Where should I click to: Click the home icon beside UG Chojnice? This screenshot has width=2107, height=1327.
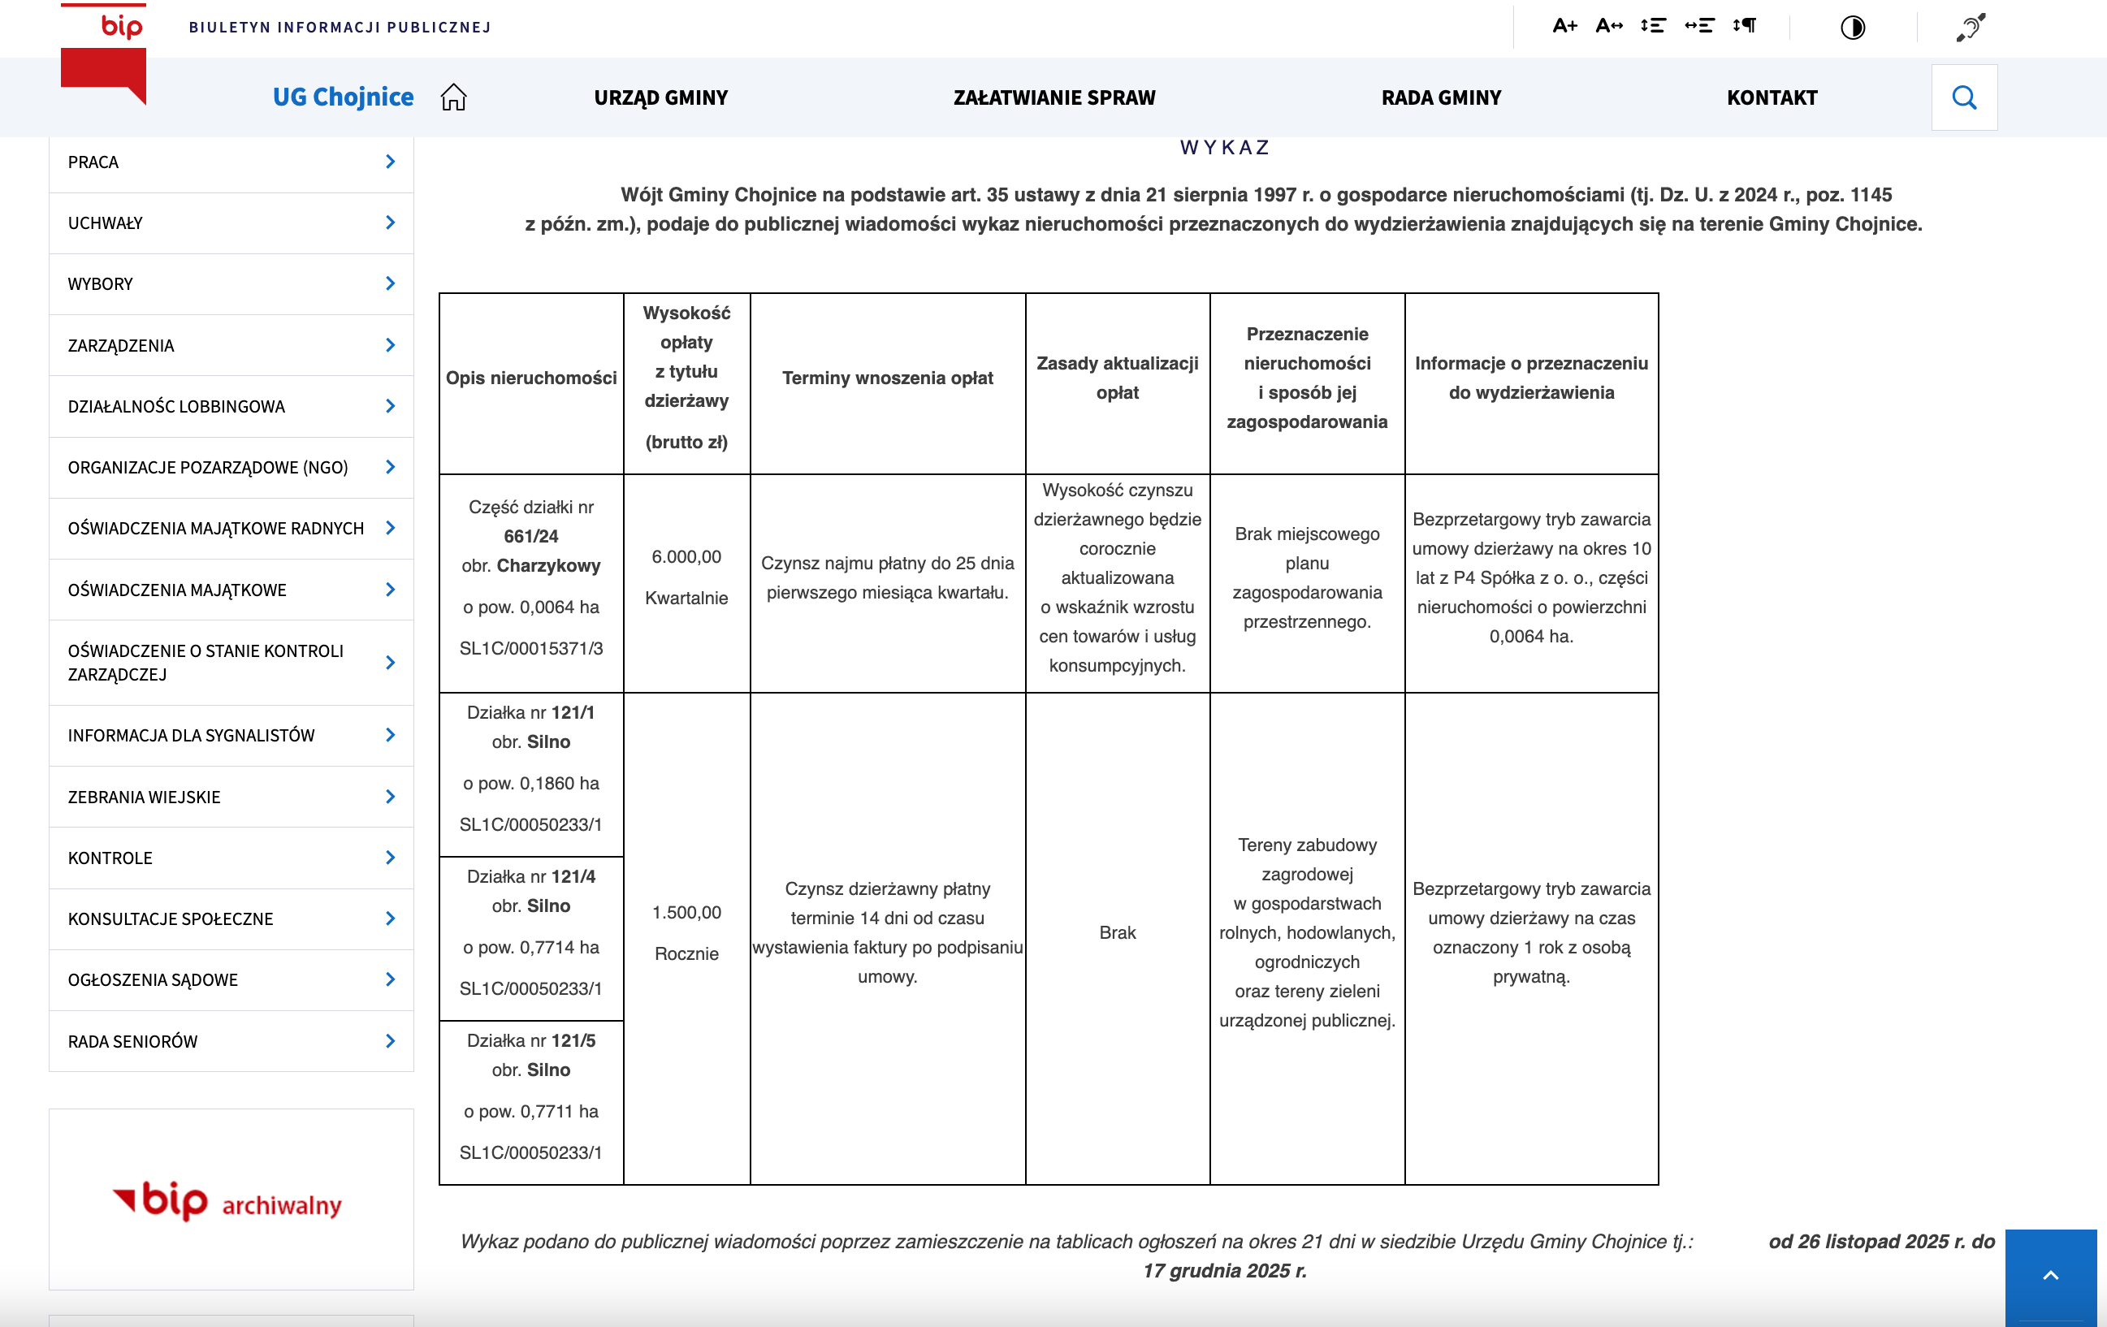click(453, 97)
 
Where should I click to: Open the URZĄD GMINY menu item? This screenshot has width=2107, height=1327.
click(660, 97)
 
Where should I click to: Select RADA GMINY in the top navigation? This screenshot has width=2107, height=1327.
click(1441, 97)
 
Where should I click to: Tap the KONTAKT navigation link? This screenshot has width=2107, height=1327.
click(1772, 97)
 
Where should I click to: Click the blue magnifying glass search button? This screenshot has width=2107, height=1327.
click(1963, 97)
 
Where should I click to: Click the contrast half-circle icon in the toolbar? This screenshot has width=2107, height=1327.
click(1853, 27)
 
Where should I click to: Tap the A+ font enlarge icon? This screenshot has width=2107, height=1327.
click(1564, 25)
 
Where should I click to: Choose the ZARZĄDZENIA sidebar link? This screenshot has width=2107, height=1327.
click(121, 345)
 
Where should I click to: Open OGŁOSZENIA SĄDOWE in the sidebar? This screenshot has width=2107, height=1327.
click(154, 979)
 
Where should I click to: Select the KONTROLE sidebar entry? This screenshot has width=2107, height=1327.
click(110, 858)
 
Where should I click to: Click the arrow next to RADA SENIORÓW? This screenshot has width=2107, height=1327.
click(390, 1041)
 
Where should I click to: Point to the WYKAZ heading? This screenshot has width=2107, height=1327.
click(1224, 147)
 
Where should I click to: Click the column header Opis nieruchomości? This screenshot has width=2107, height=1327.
click(531, 378)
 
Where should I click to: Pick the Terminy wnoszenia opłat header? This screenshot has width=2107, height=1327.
click(887, 378)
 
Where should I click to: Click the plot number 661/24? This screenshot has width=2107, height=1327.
click(531, 536)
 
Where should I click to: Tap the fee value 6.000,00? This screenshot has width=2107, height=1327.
click(686, 557)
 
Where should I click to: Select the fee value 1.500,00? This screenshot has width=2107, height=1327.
click(686, 912)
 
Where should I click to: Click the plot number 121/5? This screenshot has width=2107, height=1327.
click(573, 1040)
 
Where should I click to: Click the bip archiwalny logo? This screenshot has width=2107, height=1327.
click(227, 1202)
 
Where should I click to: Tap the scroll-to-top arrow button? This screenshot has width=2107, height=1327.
click(2050, 1275)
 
